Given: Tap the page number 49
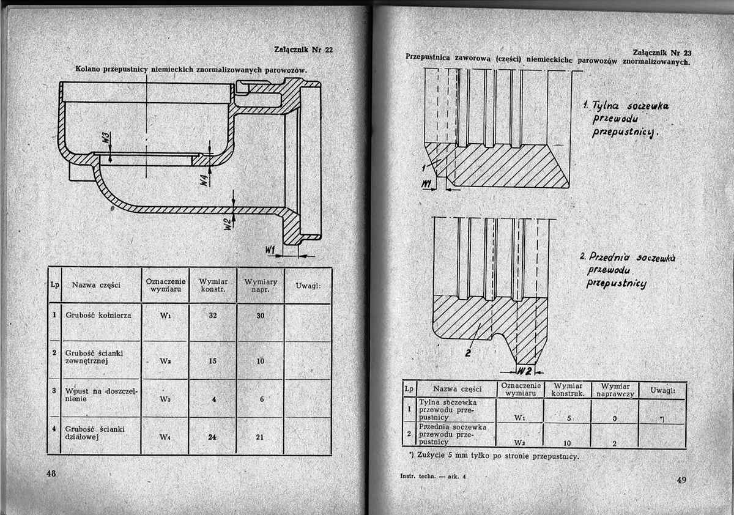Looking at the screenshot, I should pyautogui.click(x=681, y=480).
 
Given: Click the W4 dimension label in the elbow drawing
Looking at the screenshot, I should pyautogui.click(x=203, y=180).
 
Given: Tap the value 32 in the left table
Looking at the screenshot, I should pyautogui.click(x=212, y=316).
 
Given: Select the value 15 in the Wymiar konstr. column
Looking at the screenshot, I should pyautogui.click(x=212, y=361).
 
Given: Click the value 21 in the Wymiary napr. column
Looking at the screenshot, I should pyautogui.click(x=260, y=437).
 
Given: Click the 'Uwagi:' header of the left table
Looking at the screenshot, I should pyautogui.click(x=308, y=286).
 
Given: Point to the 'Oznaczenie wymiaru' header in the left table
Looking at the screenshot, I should pyautogui.click(x=165, y=284).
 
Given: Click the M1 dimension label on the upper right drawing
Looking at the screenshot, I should pyautogui.click(x=427, y=184).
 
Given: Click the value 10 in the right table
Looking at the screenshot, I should pyautogui.click(x=568, y=442).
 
